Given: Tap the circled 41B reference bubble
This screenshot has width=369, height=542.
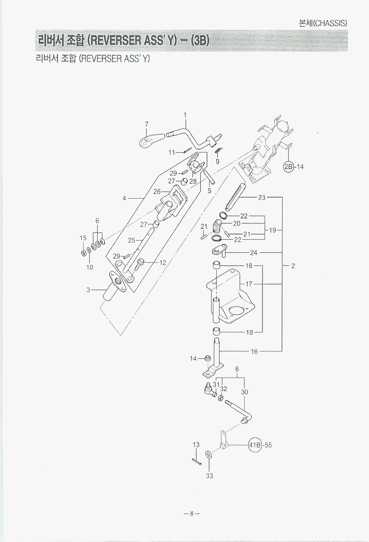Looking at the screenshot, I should (255, 445).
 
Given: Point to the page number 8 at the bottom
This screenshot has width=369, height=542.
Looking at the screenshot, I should (191, 513).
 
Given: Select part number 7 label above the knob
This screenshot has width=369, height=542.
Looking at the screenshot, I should (146, 124).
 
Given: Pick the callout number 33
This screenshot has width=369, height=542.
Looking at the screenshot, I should (209, 476).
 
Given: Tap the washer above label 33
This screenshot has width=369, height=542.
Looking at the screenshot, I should (208, 454).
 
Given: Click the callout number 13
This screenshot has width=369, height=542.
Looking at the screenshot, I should (196, 445).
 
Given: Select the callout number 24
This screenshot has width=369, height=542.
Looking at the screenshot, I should (254, 253).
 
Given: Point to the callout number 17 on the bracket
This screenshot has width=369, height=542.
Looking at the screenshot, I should (249, 284).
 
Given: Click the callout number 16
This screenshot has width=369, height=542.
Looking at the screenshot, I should (254, 351).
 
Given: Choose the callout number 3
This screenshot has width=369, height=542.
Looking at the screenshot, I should (88, 290).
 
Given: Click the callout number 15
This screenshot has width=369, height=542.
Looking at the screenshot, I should (83, 238).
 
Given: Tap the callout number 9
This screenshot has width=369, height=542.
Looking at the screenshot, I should (217, 162).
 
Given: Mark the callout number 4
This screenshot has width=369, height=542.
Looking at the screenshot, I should (124, 198).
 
